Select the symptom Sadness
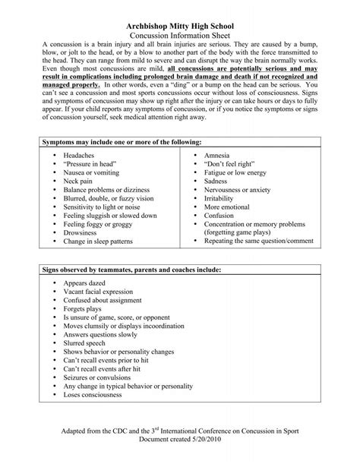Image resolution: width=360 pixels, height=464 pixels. [x=219, y=182]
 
